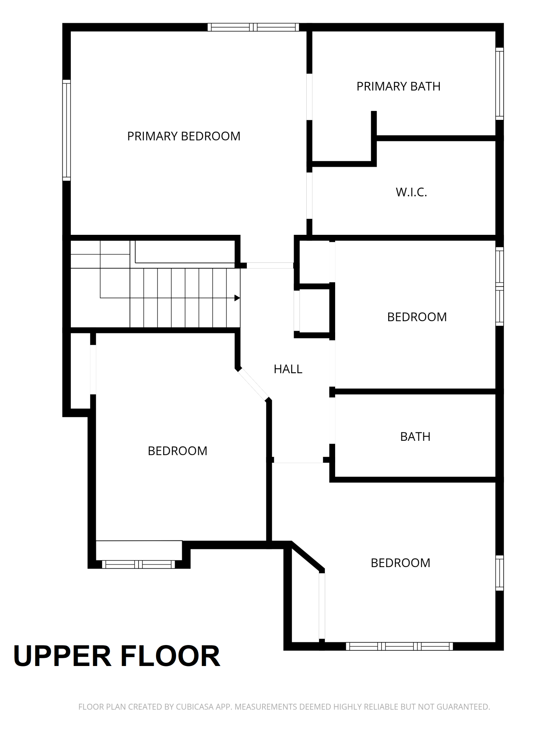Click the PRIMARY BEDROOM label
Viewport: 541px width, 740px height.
(184, 136)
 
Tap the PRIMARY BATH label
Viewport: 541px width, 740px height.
(398, 86)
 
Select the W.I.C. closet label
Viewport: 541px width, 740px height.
(411, 192)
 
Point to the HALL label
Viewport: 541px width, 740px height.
(288, 369)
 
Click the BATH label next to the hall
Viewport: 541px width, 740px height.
(415, 437)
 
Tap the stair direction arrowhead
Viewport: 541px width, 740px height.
(237, 298)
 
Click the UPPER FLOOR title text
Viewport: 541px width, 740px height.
(116, 655)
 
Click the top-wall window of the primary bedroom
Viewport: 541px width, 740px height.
(253, 27)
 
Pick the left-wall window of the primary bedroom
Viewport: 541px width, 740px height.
(67, 130)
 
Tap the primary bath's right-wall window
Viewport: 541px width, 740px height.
(500, 84)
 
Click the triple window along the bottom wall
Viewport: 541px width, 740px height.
(399, 646)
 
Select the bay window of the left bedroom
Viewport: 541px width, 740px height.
(139, 564)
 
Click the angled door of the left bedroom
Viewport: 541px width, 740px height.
(253, 384)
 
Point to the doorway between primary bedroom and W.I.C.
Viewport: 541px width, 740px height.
(309, 196)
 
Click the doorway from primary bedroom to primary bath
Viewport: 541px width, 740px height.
(309, 97)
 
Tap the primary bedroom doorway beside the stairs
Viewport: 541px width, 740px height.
(270, 265)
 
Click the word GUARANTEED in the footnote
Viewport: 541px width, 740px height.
(463, 707)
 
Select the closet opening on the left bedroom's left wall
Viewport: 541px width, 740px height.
(93, 369)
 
